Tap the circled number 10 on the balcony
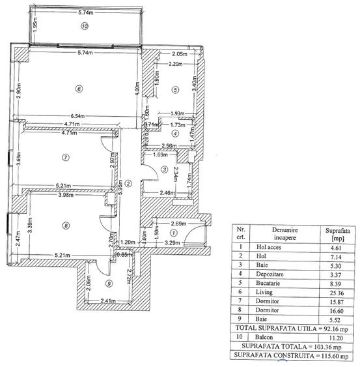(x=84, y=27)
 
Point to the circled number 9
(x=109, y=283)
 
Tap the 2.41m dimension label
(x=108, y=301)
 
